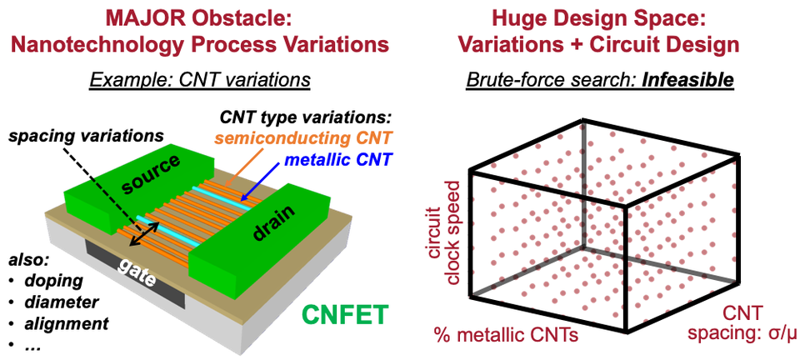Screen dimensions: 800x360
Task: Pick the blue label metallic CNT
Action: tap(337, 160)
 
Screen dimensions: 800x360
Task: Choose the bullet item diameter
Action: tap(61, 302)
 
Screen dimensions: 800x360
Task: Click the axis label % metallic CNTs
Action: tap(506, 336)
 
